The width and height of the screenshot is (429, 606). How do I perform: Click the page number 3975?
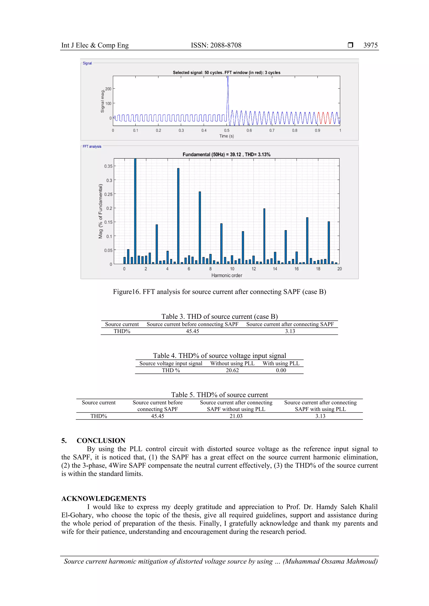pos(370,45)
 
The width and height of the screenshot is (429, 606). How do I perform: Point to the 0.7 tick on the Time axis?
pos(272,130)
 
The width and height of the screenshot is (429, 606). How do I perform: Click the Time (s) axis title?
pos(226,136)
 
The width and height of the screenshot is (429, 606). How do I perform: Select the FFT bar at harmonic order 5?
pos(178,216)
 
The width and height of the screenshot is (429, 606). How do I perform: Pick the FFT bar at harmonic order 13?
pos(264,236)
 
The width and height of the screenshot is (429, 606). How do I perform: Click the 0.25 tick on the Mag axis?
pos(108,194)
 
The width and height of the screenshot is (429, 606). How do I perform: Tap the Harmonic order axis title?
pos(226,275)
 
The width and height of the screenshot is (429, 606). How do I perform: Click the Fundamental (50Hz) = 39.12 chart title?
pos(226,154)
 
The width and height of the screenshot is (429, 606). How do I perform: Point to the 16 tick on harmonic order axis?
pos(296,269)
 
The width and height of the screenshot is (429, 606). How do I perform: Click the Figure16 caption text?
pos(219,292)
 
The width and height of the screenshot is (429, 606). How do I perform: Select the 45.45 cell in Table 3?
pos(192,331)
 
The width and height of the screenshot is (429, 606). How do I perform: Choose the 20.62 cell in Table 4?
pos(232,370)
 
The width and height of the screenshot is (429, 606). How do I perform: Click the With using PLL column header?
pos(281,363)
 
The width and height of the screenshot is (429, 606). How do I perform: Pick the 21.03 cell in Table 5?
pos(236,416)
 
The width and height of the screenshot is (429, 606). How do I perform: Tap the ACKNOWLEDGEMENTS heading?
pos(103,499)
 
